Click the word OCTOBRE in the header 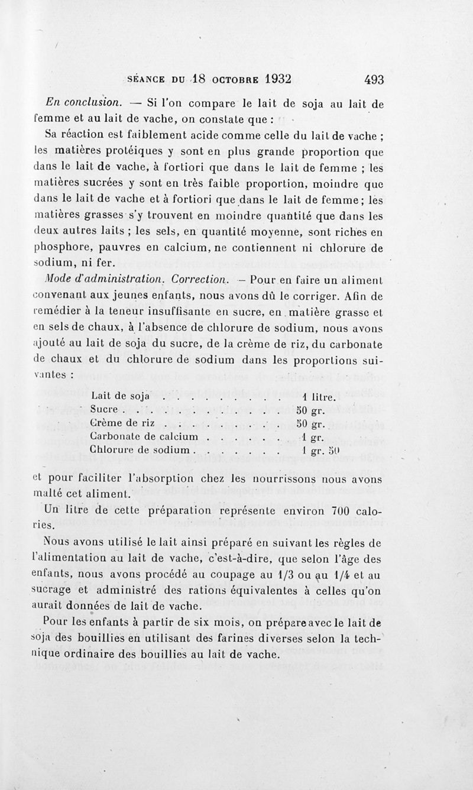click(229, 80)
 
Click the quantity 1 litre click(319, 396)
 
